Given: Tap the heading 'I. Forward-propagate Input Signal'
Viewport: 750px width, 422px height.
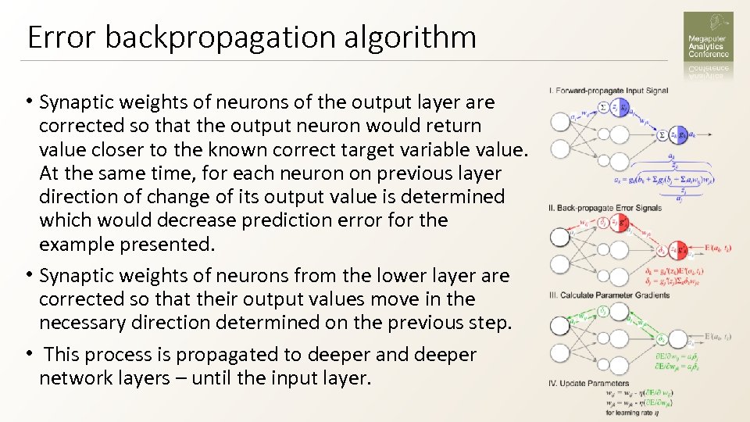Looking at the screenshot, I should (x=609, y=91).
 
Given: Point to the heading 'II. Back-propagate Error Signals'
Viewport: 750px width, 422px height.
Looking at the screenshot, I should (x=605, y=208).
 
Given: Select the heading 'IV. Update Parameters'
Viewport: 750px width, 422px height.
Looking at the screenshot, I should (x=590, y=384).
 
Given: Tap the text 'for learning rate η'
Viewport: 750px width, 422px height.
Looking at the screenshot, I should (x=631, y=410).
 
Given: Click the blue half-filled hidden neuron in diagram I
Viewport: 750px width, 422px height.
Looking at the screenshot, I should (x=619, y=109).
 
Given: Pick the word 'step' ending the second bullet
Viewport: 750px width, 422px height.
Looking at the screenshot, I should (x=490, y=323).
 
